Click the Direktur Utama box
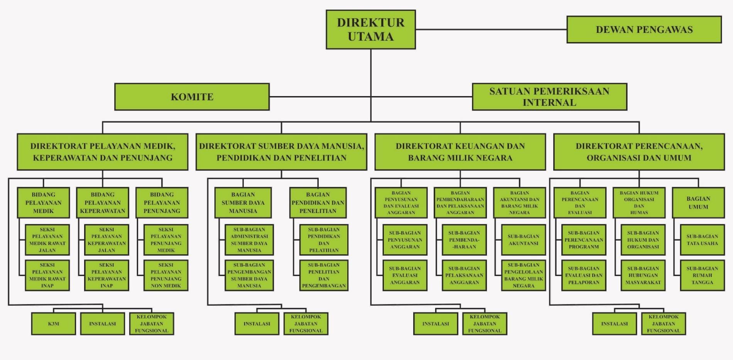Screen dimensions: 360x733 click(x=371, y=29)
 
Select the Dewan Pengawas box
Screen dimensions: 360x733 click(x=644, y=29)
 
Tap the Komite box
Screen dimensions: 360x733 click(x=192, y=97)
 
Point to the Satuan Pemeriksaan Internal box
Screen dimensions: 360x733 click(x=549, y=97)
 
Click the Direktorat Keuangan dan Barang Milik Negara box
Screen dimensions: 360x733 click(x=460, y=152)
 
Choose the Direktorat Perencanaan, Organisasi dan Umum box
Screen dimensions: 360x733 click(x=639, y=152)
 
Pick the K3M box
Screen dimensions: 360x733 click(x=54, y=324)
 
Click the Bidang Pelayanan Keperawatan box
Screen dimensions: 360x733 click(x=103, y=203)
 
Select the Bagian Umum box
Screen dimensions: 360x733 click(x=698, y=203)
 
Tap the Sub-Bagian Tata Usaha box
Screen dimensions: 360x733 click(x=702, y=240)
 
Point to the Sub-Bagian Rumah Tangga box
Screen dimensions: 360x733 click(x=702, y=275)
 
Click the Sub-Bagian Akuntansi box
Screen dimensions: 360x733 click(x=523, y=240)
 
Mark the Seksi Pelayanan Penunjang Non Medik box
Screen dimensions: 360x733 click(x=166, y=275)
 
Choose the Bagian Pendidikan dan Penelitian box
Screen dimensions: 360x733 click(x=318, y=203)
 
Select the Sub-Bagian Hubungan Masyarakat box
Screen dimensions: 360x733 click(x=643, y=275)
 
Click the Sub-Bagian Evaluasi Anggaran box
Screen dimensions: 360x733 click(x=405, y=275)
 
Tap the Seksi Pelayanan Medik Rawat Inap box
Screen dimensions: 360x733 click(x=47, y=275)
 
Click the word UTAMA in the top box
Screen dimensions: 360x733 click(x=371, y=37)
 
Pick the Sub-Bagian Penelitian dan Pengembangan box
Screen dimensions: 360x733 click(x=324, y=275)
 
